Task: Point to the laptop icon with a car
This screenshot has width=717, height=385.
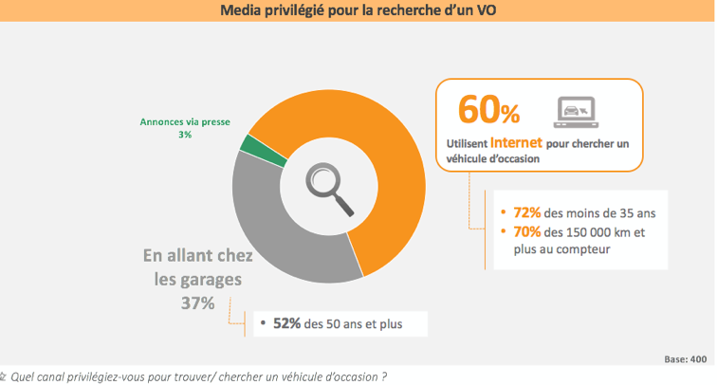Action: [x=575, y=112]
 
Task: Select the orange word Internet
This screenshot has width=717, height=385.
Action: [x=517, y=143]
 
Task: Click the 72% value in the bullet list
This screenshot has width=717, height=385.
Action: [x=527, y=212]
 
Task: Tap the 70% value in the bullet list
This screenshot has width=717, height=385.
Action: [x=527, y=231]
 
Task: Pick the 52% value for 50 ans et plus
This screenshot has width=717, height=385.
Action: [x=287, y=323]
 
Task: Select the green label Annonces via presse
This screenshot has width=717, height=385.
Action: [x=184, y=121]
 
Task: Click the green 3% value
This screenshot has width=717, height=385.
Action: [x=184, y=135]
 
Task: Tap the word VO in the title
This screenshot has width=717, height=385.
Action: [x=483, y=11]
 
